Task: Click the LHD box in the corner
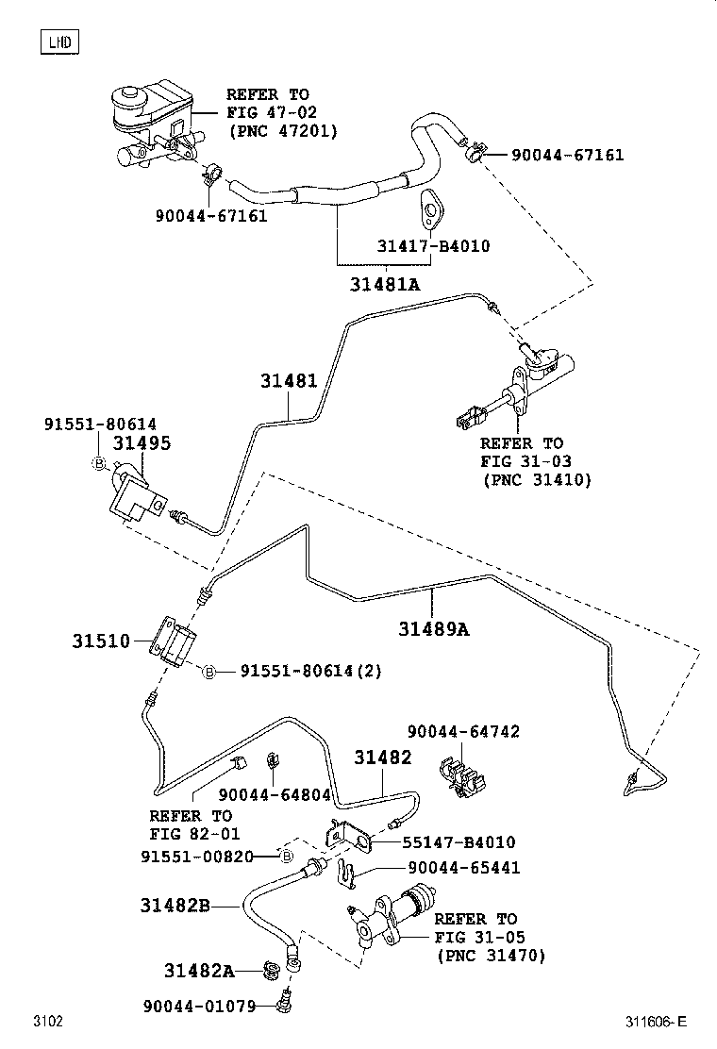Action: (58, 41)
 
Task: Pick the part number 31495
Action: (142, 443)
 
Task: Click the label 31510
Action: (100, 641)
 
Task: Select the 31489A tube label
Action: (433, 627)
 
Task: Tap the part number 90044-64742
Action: (463, 731)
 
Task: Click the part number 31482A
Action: (198, 971)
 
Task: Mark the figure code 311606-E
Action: (655, 1022)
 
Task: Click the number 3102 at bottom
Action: (48, 1022)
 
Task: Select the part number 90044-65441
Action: (463, 868)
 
